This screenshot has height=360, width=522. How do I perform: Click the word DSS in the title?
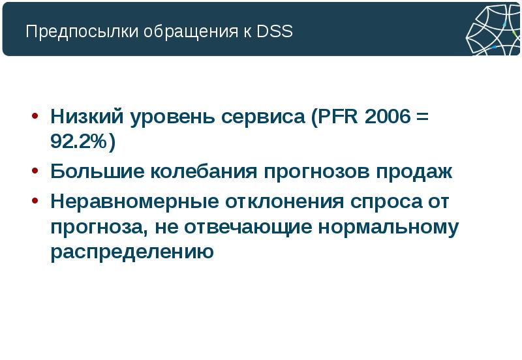pyautogui.click(x=275, y=32)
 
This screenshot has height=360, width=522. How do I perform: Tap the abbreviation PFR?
pyautogui.click(x=335, y=117)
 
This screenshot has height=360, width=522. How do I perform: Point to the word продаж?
pyautogui.click(x=413, y=173)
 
